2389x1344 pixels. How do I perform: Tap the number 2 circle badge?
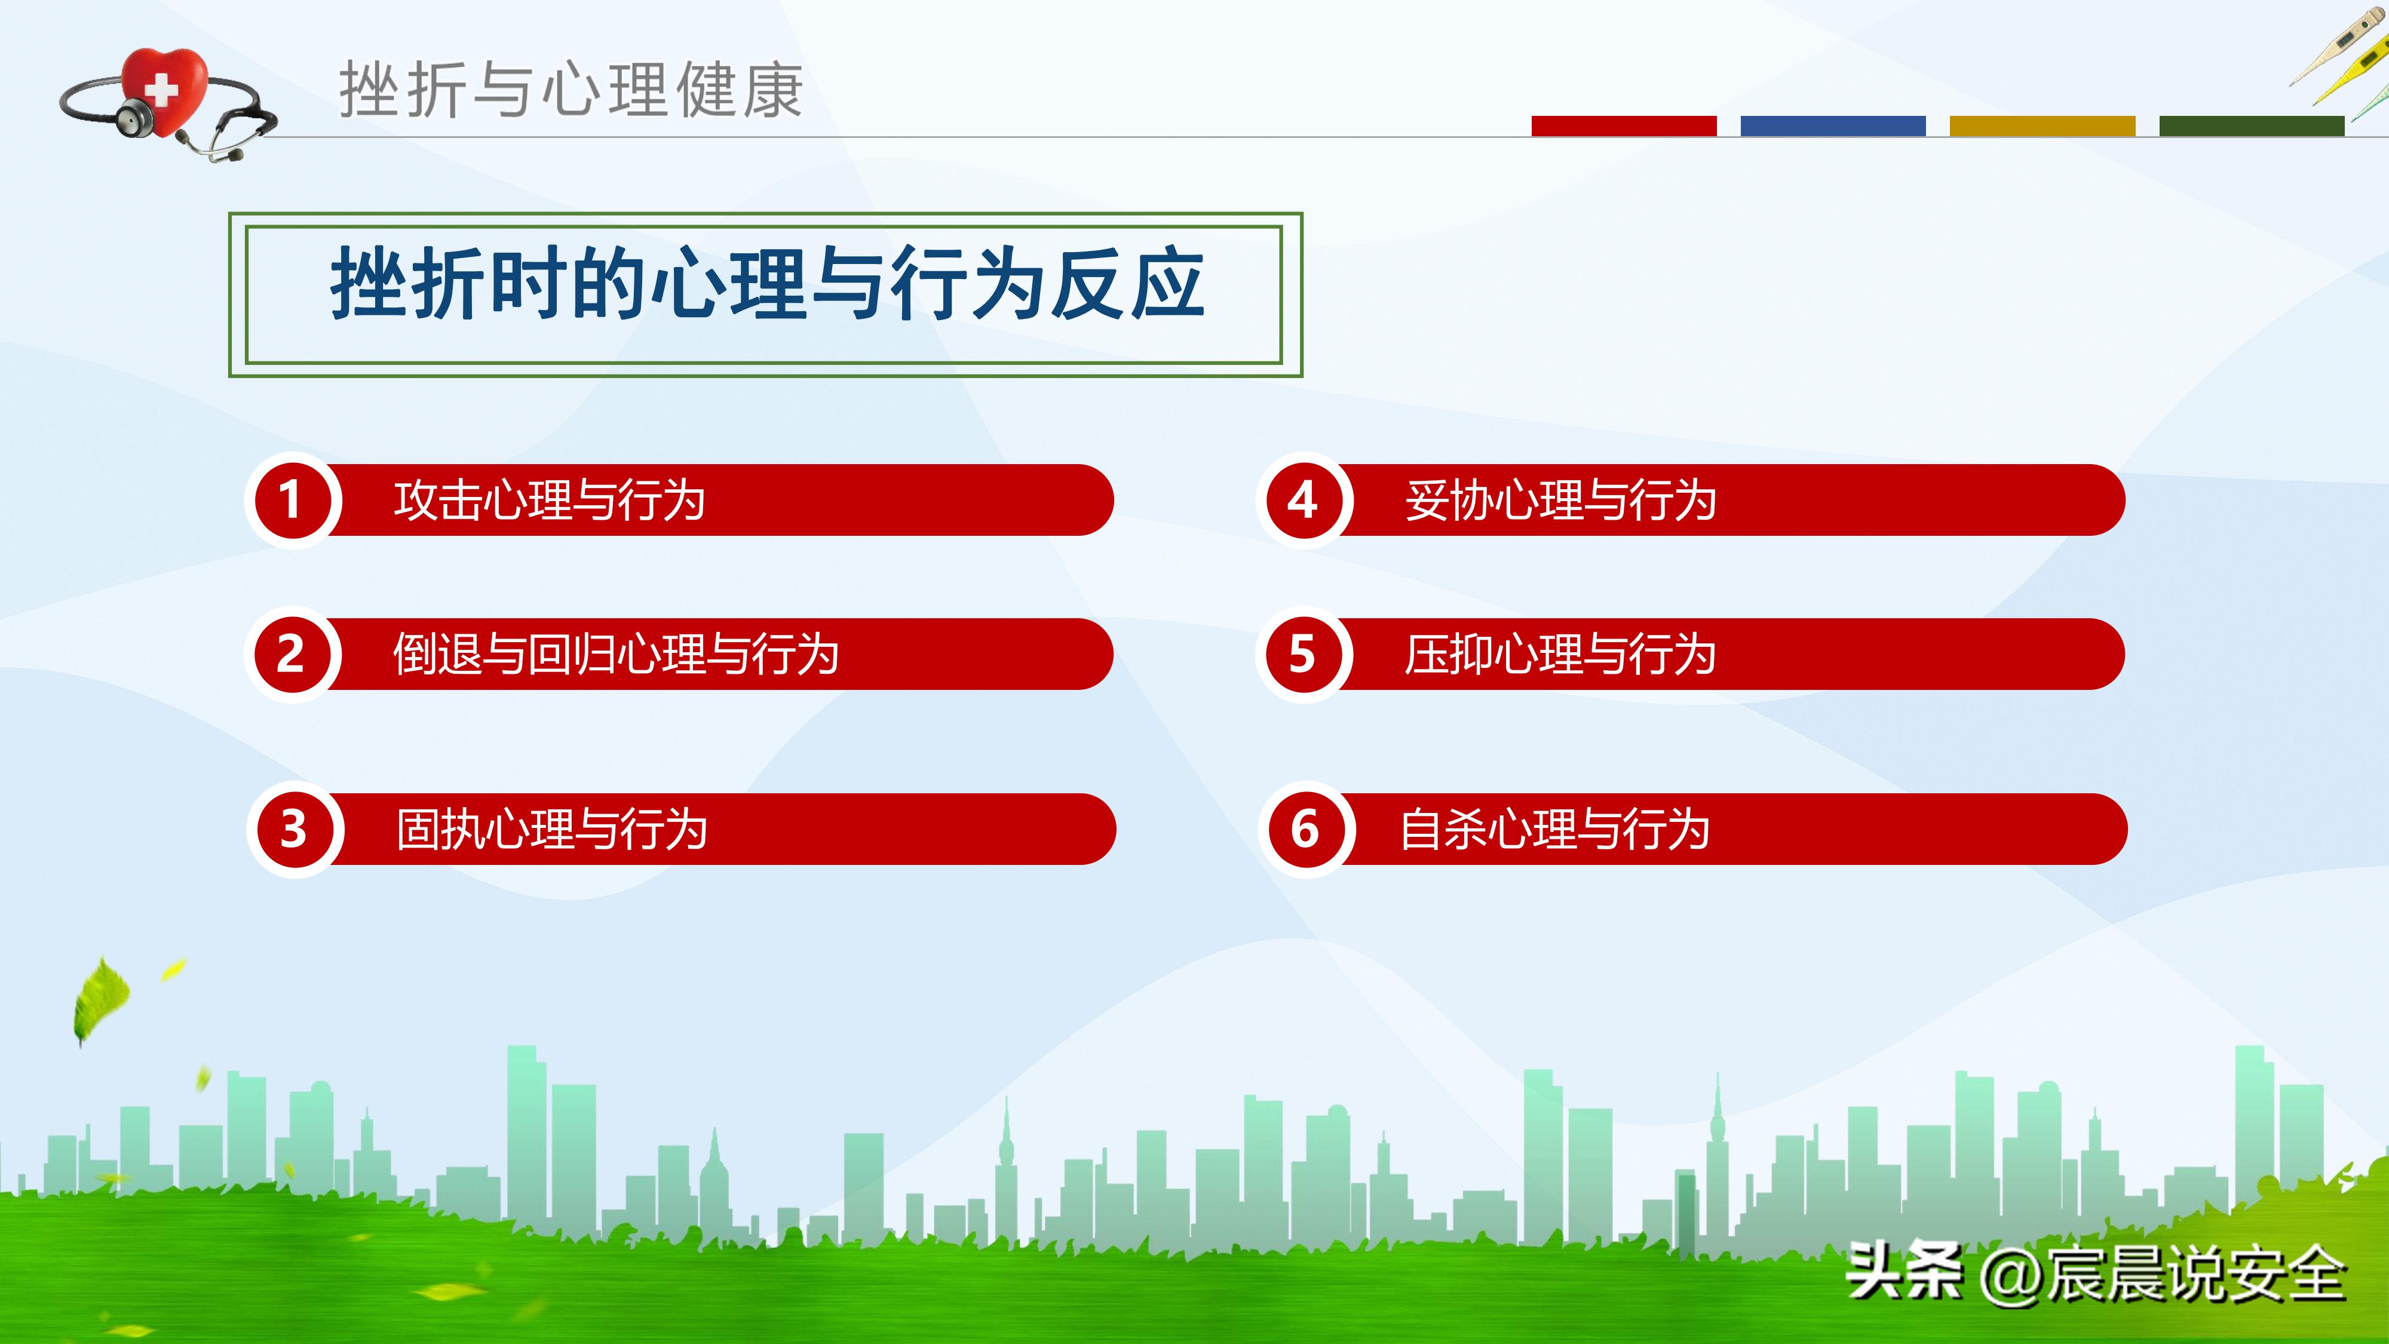tap(291, 654)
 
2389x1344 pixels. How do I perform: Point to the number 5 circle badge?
tap(1302, 654)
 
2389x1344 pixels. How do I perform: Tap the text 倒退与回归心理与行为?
tap(616, 654)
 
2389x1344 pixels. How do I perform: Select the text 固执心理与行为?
tap(552, 829)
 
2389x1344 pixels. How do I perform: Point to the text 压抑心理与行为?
tap(1560, 654)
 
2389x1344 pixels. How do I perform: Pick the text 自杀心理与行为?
tap(1554, 829)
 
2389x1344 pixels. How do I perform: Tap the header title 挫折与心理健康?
tap(571, 90)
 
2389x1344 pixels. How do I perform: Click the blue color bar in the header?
tap(1833, 126)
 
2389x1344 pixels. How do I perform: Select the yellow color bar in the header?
tap(2042, 126)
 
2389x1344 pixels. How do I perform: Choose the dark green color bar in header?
tap(2251, 126)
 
